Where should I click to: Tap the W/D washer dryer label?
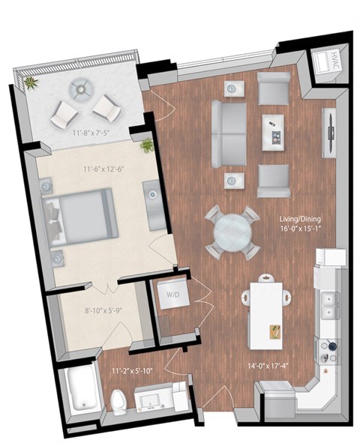[x=172, y=295]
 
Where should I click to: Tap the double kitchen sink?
[x=327, y=307]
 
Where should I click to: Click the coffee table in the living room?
[x=274, y=132]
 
